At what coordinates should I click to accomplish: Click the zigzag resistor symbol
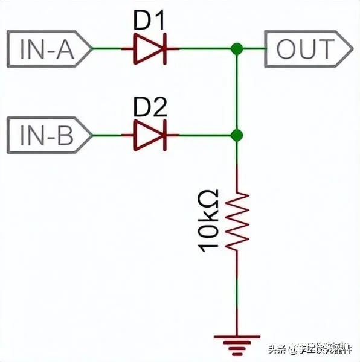pos(237,220)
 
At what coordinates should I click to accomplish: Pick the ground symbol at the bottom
pos(237,341)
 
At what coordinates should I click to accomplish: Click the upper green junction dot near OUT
pos(237,49)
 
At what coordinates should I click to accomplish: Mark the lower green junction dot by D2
pos(237,135)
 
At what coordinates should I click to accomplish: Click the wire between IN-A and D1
pos(109,49)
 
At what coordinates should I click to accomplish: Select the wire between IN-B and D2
pos(109,135)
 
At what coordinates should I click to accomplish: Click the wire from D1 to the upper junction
pos(202,49)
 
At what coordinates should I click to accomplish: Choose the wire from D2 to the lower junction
pos(202,135)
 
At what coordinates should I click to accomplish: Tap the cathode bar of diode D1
pos(164,49)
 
